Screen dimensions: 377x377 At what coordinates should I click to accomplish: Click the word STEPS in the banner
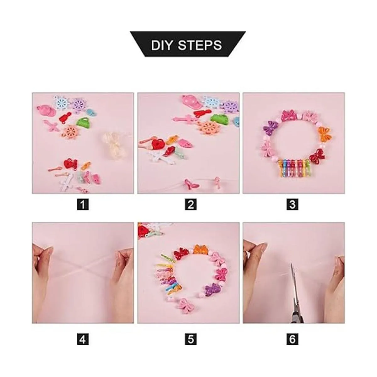pyautogui.click(x=200, y=46)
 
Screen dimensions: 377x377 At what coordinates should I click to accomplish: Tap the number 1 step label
pyautogui.click(x=83, y=205)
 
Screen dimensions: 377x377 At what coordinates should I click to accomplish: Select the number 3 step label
pyautogui.click(x=292, y=205)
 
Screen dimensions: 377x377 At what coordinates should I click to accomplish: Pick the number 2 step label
pyautogui.click(x=191, y=205)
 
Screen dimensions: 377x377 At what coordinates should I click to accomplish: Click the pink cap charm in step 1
pyautogui.click(x=46, y=110)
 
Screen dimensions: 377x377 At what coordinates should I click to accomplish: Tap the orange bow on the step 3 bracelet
pyautogui.click(x=324, y=134)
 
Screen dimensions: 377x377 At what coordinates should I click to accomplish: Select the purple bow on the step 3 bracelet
pyautogui.click(x=271, y=127)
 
